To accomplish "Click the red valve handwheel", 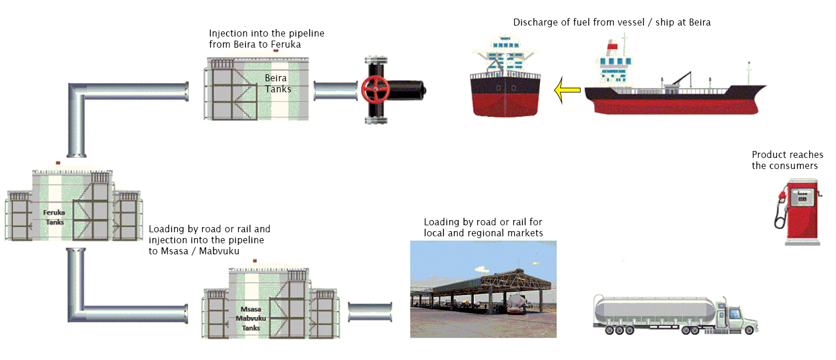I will [x=375, y=89].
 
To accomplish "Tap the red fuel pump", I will [x=798, y=211].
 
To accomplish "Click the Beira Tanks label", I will [x=278, y=83].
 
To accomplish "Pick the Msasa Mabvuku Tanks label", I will [x=251, y=319].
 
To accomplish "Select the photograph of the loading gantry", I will [x=483, y=289].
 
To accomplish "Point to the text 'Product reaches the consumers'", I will [x=787, y=160].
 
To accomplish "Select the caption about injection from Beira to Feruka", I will [x=266, y=39].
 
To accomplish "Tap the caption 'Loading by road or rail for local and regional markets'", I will [x=483, y=228].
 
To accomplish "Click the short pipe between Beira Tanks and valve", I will [x=335, y=90].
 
